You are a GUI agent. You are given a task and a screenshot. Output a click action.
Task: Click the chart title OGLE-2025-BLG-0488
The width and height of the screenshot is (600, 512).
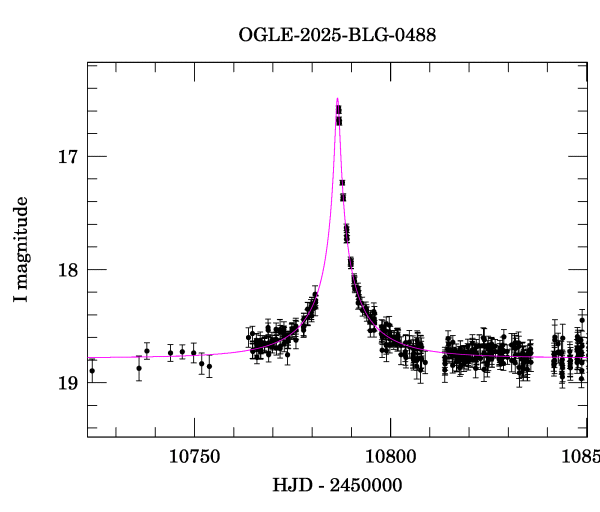(336, 35)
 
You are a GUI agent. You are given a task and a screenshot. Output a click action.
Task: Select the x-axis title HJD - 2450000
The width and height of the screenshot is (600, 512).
(337, 486)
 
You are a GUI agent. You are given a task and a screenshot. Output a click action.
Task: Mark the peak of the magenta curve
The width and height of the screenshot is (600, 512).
(337, 98)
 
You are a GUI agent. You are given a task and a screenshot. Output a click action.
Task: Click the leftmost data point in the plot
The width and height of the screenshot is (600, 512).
(92, 371)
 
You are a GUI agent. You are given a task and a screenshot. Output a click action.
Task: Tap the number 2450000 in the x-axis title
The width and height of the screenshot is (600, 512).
(362, 486)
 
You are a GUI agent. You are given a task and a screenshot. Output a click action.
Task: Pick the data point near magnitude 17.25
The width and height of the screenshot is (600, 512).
(342, 183)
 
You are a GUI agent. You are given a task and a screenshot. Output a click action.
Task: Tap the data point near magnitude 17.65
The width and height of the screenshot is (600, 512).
(346, 231)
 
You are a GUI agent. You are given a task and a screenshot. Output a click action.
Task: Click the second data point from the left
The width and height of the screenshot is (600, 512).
(139, 368)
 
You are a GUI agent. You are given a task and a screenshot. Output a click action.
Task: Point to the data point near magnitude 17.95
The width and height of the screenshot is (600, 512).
(350, 262)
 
